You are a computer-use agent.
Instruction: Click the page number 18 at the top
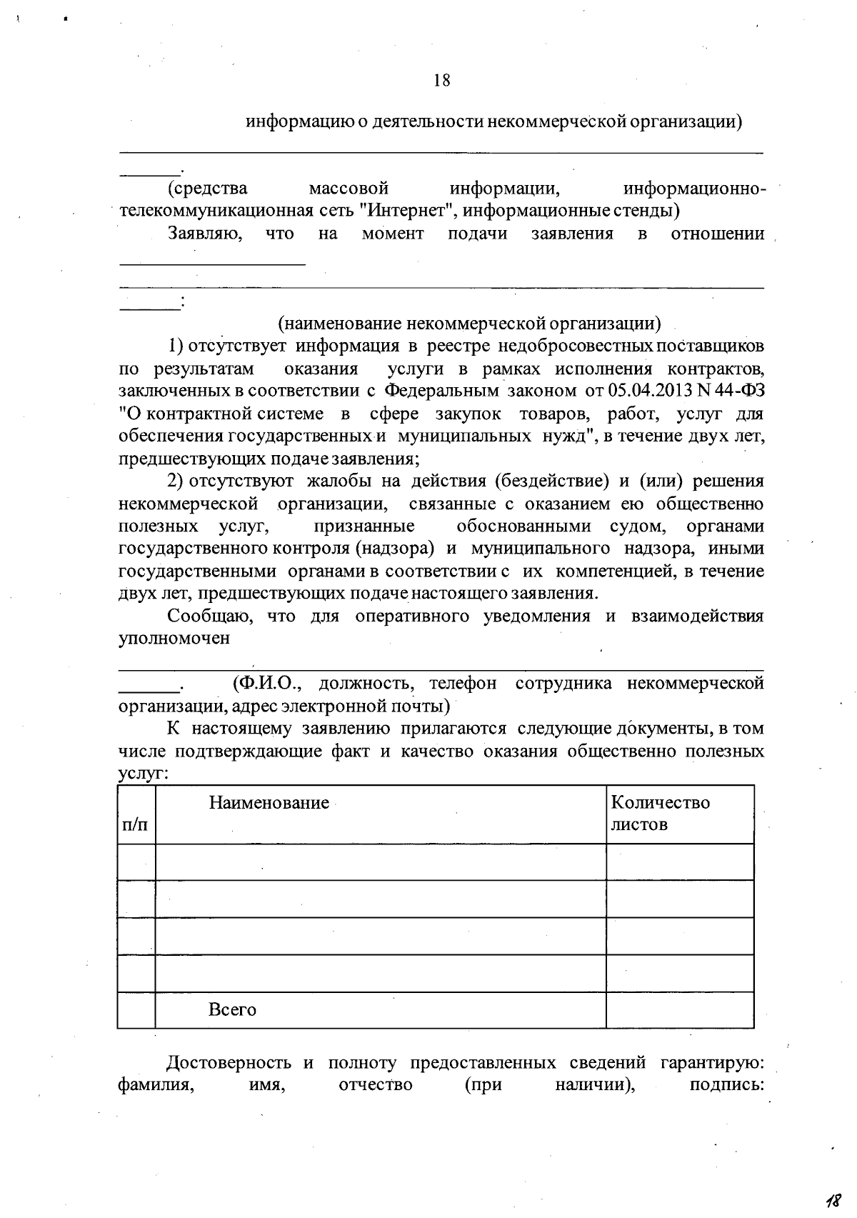441,80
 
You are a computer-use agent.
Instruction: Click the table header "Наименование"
269,803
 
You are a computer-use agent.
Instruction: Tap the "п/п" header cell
136,825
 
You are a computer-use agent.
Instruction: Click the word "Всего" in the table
232,1010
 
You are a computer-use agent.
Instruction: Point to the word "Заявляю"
204,234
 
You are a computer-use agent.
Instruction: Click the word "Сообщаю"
208,617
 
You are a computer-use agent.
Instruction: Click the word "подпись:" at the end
727,1085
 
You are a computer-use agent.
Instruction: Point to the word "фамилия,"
155,1085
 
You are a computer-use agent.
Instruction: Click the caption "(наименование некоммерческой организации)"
468,324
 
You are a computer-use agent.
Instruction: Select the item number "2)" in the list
176,481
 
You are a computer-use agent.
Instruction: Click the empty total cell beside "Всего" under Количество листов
679,1010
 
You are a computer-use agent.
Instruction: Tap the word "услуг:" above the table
143,774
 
